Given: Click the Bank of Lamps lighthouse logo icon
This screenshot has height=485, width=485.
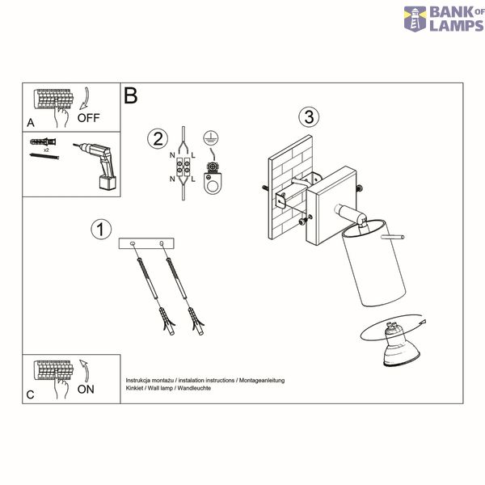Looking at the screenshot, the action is click(x=415, y=19).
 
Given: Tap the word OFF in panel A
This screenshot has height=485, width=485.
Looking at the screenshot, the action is click(x=88, y=118).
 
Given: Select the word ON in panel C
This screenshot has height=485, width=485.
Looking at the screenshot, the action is click(x=86, y=390).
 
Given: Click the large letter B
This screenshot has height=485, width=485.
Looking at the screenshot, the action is click(x=130, y=95).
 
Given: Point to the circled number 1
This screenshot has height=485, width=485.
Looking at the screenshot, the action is click(x=101, y=230).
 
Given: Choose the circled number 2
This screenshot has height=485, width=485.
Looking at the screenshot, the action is click(x=158, y=138).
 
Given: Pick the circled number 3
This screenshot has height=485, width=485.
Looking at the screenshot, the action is click(x=309, y=117).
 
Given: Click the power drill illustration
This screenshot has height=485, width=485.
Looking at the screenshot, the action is click(x=96, y=165).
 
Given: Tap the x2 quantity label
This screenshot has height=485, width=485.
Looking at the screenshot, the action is click(x=46, y=150).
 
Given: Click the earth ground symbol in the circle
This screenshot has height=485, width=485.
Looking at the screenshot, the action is click(x=211, y=138).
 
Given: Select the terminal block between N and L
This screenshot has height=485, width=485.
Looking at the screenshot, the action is click(x=183, y=167).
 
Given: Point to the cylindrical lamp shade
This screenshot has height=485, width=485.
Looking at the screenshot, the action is click(x=373, y=264).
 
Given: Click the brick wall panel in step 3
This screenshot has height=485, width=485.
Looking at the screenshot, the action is click(x=290, y=188).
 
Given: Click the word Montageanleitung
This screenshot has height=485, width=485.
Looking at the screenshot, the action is click(x=262, y=380).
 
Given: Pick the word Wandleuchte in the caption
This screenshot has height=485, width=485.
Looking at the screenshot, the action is click(x=194, y=388).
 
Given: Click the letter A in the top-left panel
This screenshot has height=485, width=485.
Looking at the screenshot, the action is click(x=31, y=123).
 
